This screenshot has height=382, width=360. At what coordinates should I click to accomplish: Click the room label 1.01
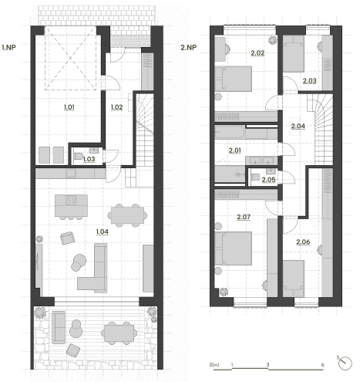[69, 107]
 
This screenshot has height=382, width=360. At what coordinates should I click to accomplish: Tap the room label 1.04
[103, 232]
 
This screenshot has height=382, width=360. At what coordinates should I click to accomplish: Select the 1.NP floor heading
[8, 47]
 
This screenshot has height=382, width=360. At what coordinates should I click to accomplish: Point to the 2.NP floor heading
[188, 47]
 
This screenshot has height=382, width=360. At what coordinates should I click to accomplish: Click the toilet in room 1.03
[78, 156]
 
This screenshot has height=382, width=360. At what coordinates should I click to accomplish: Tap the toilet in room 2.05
[254, 177]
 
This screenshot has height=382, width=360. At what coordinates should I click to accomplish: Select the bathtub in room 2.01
[230, 132]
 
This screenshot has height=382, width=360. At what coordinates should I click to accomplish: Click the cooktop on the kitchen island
[71, 200]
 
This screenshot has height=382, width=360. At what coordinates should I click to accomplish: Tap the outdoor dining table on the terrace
[119, 333]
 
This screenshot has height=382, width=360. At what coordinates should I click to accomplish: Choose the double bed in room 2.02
[234, 79]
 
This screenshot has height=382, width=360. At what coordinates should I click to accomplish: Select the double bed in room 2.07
[234, 248]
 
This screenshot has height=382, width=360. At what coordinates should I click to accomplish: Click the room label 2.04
[298, 126]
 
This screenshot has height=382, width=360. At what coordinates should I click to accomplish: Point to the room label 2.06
[303, 242]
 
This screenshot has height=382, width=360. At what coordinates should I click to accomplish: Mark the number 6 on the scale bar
[322, 365]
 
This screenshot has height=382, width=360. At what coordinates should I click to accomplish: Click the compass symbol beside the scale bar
[345, 363]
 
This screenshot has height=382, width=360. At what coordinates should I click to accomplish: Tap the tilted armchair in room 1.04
[68, 238]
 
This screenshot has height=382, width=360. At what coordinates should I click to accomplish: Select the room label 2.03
[310, 81]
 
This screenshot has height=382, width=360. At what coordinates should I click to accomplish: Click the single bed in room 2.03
[294, 53]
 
